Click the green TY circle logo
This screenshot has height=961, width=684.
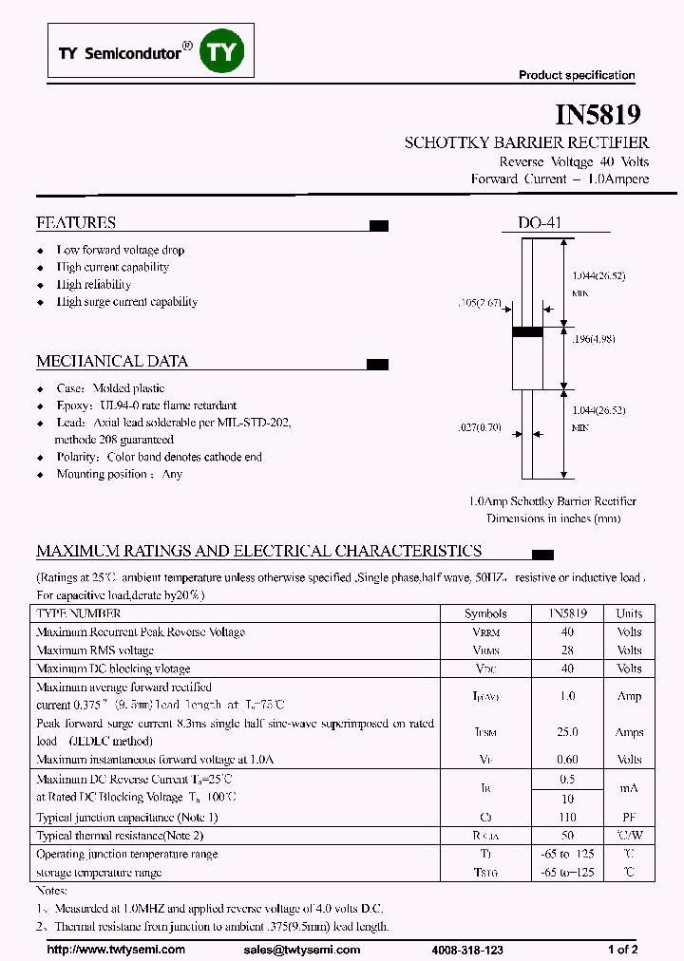pos(221,51)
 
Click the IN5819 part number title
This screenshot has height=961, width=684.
pos(598,115)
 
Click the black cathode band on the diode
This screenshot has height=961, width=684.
pos(528,332)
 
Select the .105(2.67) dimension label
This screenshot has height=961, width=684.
pos(479,304)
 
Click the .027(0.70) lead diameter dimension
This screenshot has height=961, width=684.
pos(480,427)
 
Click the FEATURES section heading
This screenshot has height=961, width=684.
pos(76,222)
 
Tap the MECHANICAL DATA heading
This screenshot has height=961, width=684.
pos(112,361)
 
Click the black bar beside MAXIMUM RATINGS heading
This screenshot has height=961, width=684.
pos(542,554)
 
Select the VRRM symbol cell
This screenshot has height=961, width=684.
pos(485,632)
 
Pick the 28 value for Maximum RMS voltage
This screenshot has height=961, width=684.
pos(567,650)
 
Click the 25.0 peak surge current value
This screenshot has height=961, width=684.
pos(567,732)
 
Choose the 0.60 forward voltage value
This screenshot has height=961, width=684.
pos(567,759)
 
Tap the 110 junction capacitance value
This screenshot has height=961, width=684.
pos(567,818)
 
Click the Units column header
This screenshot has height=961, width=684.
pos(629,613)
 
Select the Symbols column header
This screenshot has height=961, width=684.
pos(485,613)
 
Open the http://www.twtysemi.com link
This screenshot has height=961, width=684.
pos(116,949)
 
